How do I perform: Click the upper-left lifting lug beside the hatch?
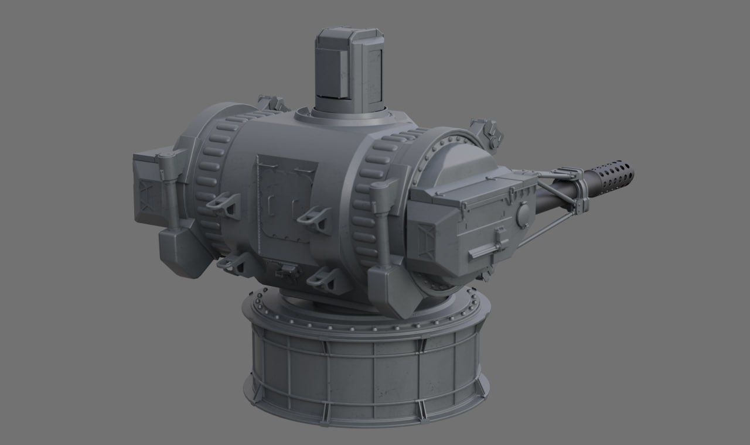point(223,203)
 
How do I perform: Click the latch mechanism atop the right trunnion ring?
point(486,132)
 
